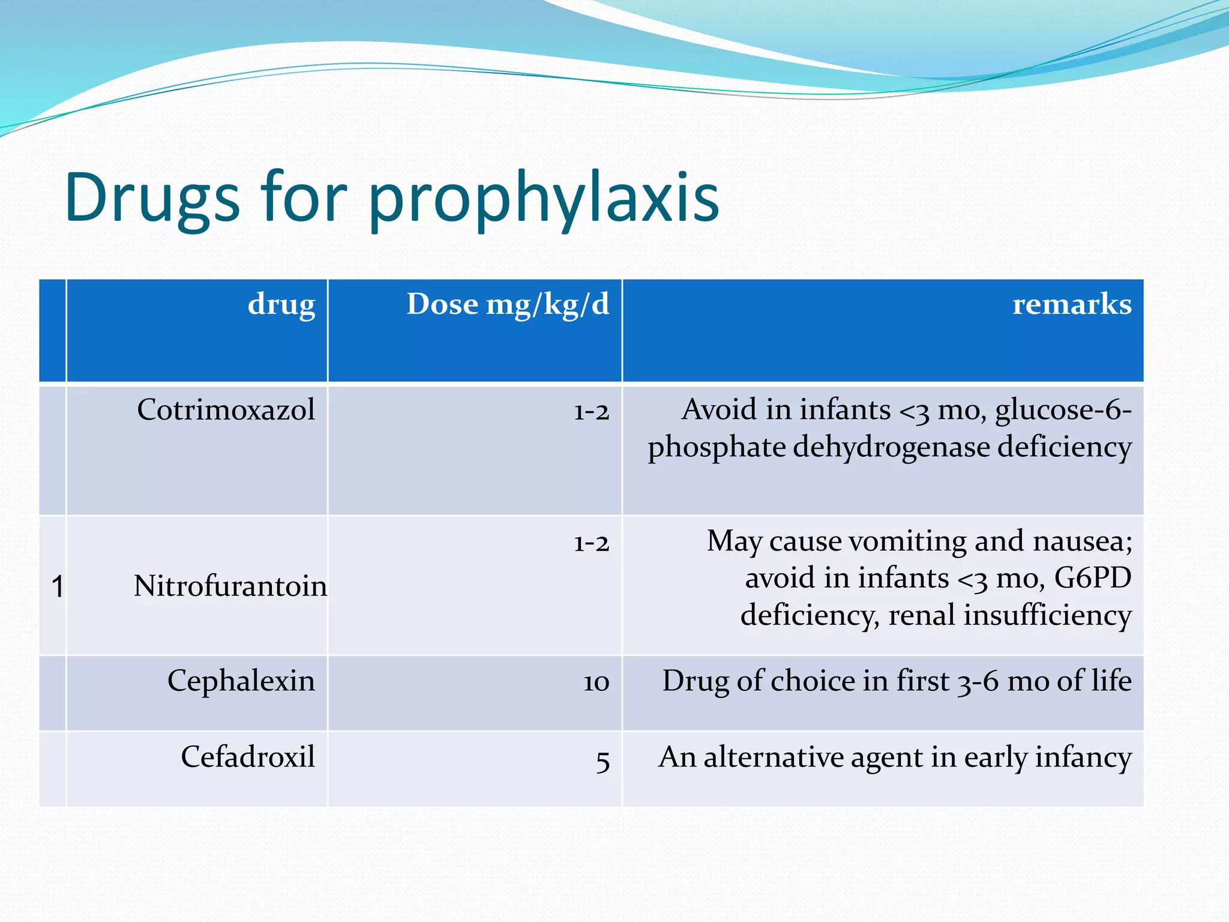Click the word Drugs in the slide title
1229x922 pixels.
pos(152,198)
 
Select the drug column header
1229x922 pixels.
pos(281,304)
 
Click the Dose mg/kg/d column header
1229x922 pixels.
pos(508,304)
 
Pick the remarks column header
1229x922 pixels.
pos(1072,304)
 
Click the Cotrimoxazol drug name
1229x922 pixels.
pos(226,410)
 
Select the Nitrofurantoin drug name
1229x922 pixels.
pos(230,586)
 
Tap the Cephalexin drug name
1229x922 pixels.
pos(241,681)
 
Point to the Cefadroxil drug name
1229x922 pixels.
pos(248,756)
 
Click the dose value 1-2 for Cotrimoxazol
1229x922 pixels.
pos(591,412)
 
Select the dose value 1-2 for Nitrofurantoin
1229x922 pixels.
pos(591,543)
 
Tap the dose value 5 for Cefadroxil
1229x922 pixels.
pos(602,761)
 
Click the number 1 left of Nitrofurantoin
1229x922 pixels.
pos(57,586)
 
